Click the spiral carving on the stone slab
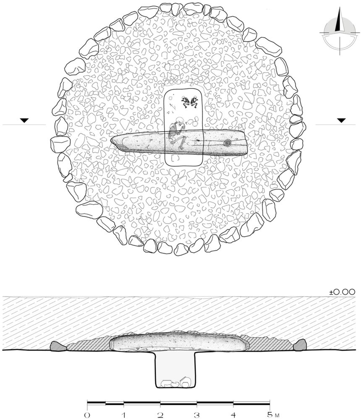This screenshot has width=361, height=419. (228, 143)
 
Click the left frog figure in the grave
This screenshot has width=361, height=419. (185, 101)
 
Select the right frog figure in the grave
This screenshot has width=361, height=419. (194, 102)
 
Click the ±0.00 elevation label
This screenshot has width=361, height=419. (342, 292)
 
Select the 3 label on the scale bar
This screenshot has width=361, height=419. (197, 415)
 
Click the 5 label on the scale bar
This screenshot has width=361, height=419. (269, 415)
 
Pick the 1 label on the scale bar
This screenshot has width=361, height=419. (124, 415)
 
